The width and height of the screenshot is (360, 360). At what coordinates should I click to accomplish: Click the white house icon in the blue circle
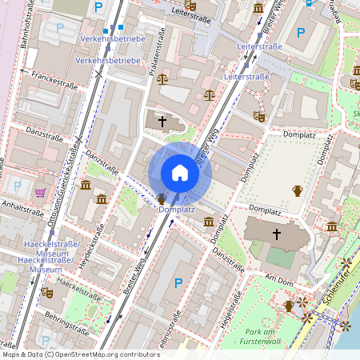[179, 173]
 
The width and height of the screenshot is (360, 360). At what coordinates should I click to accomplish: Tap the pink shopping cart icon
[40, 193]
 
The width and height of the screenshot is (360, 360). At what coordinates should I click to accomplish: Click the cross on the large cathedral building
[278, 234]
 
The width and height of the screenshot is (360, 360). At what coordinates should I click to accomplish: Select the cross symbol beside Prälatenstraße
[162, 122]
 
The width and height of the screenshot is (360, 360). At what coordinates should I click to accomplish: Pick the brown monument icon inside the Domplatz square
[298, 190]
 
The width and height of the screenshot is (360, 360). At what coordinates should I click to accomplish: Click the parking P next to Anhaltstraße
[18, 186]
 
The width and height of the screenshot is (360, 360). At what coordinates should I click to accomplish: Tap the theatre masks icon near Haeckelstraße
[47, 293]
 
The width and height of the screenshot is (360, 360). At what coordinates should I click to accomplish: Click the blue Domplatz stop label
[177, 210]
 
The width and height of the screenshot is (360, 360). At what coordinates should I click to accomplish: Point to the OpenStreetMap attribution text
[80, 354]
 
